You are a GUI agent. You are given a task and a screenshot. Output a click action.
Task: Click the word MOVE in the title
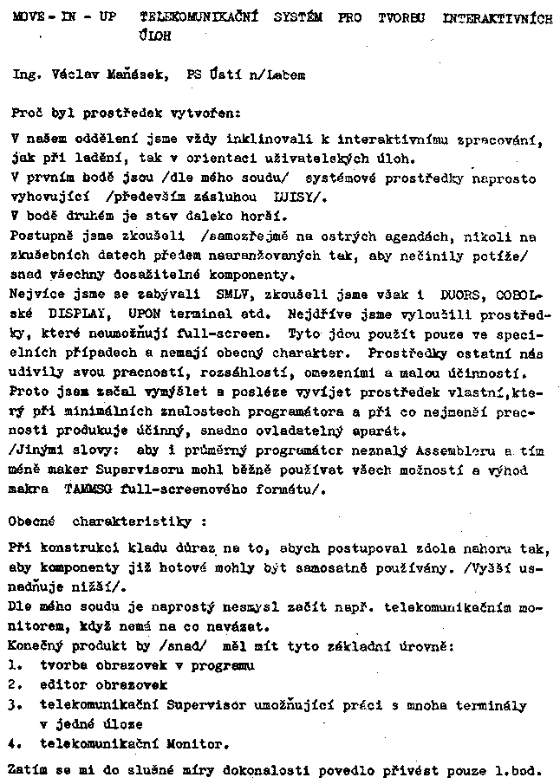tap(28, 17)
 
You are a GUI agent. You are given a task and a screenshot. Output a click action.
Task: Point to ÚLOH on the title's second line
tap(154, 37)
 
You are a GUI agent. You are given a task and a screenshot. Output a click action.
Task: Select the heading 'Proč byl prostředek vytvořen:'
tap(127, 113)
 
